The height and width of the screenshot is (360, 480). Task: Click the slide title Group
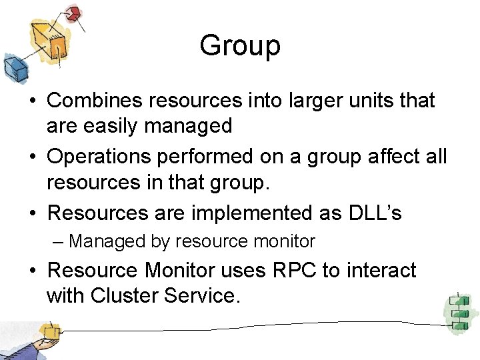(x=240, y=46)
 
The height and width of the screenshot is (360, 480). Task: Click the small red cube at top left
(x=73, y=13)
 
